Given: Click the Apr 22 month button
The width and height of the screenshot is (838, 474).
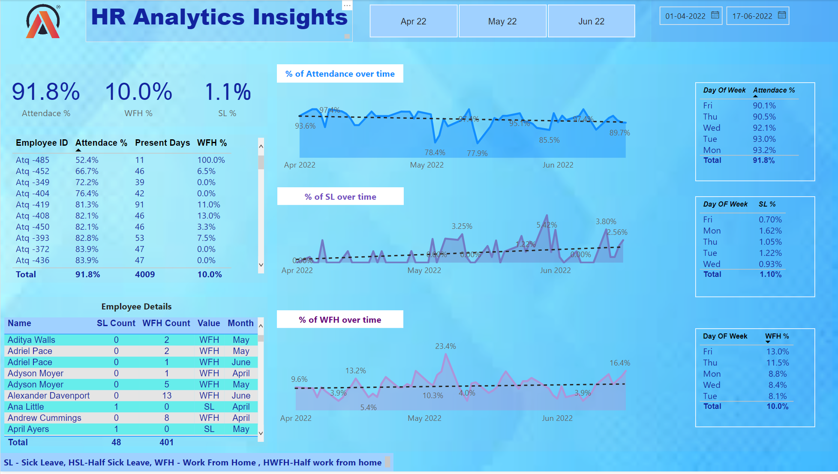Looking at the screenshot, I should click(413, 21).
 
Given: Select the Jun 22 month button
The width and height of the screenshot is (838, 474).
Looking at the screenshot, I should click(591, 21).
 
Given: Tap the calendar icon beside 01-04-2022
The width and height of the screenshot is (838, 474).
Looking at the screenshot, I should click(715, 15).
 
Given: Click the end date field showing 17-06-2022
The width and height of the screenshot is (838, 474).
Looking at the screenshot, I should click(752, 16).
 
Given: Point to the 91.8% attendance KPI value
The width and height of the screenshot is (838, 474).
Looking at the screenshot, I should click(46, 92).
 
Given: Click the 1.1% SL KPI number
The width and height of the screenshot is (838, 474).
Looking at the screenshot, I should click(228, 92).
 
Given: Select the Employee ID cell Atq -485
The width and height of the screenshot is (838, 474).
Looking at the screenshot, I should click(33, 160).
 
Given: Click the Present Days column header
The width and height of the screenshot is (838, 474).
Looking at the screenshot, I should click(162, 143).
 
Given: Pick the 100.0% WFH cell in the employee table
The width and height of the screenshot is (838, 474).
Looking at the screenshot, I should click(211, 160).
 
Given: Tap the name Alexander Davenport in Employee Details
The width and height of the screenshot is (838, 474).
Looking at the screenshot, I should click(48, 396).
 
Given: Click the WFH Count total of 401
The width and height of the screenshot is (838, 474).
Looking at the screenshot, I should click(166, 442).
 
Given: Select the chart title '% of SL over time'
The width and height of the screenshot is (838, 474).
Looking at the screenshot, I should click(340, 197).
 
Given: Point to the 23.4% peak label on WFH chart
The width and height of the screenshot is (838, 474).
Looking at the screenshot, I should click(445, 346).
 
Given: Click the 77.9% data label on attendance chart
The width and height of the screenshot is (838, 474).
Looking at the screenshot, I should click(477, 153).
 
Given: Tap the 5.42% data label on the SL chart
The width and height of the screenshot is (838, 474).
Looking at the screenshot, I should click(547, 225).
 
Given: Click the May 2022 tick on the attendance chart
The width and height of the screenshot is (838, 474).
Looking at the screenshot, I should click(427, 165).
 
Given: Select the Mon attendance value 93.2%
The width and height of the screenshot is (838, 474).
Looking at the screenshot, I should click(764, 150).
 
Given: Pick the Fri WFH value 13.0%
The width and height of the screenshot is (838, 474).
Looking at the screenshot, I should click(778, 351).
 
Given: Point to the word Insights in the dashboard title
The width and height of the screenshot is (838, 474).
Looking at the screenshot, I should click(300, 18).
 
